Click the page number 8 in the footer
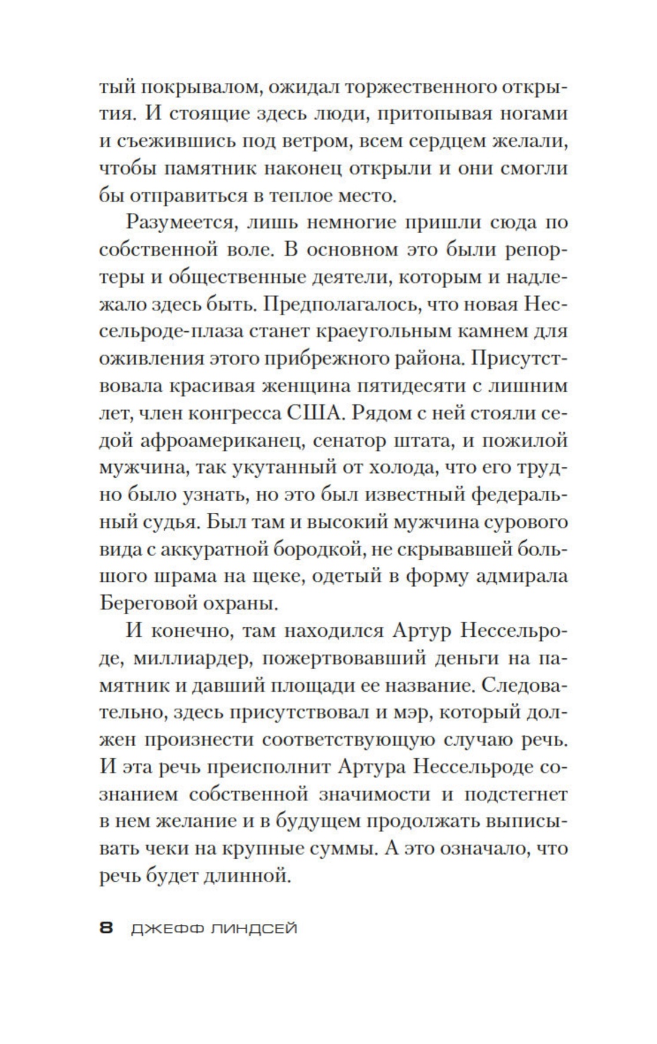click(106, 929)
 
